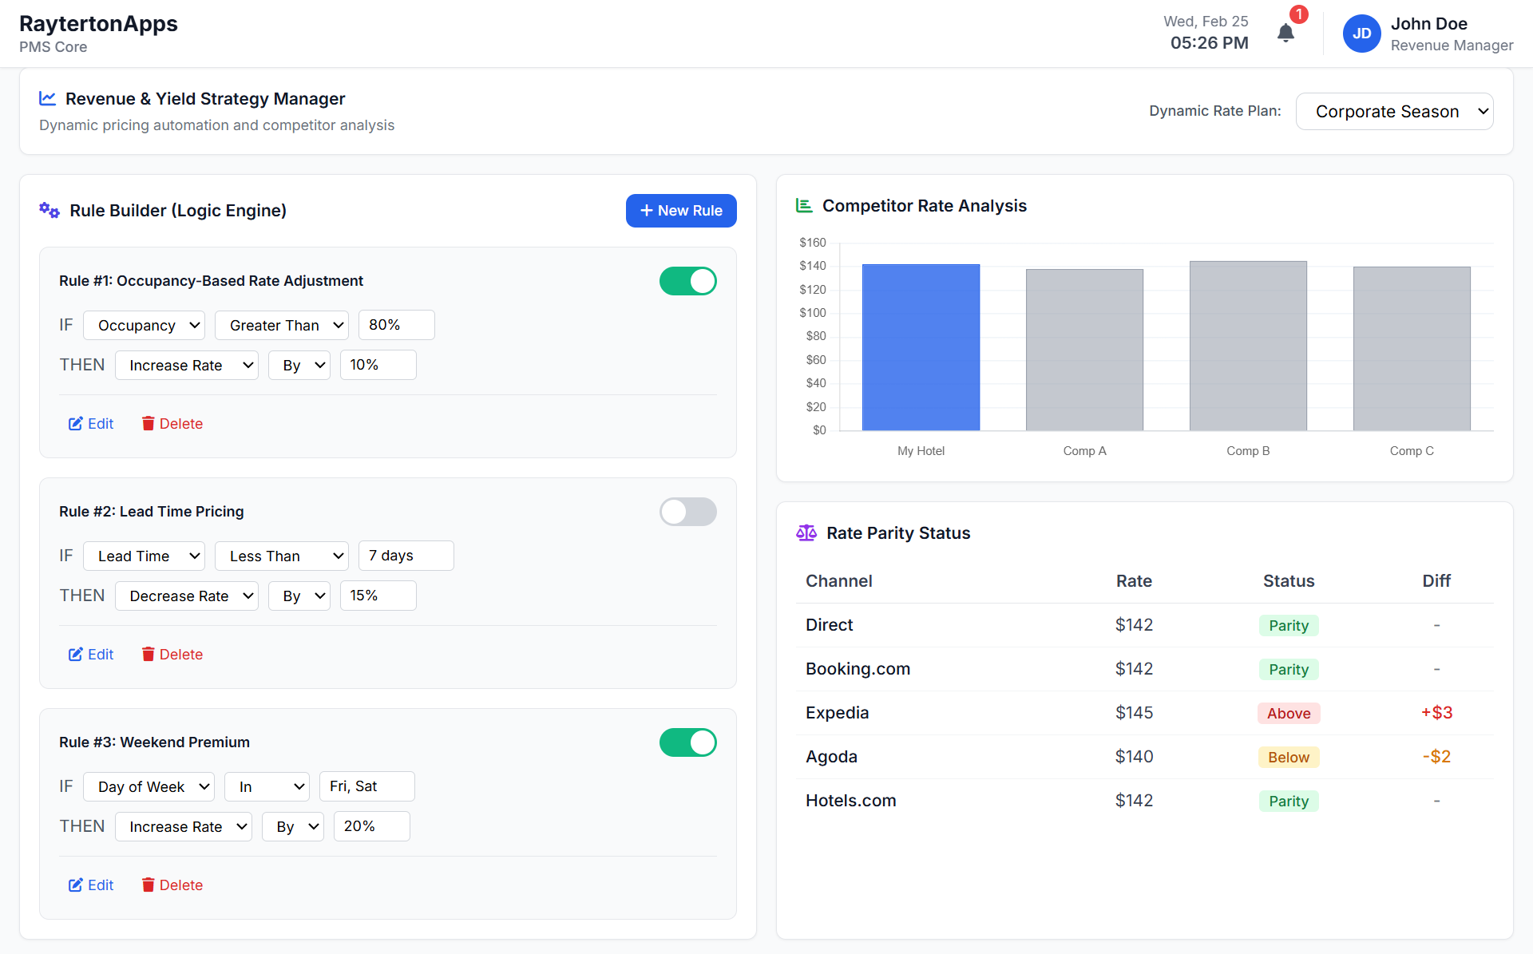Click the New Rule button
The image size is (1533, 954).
tap(680, 211)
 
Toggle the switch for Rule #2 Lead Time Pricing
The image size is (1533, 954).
tap(687, 512)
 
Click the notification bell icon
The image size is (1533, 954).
tap(1285, 34)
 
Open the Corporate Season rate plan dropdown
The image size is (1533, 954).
tap(1394, 112)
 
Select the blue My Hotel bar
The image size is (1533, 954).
tap(921, 347)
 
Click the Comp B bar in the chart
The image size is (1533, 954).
tap(1247, 346)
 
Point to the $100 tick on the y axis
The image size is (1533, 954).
tap(813, 313)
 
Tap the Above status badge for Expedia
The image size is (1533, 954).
tap(1288, 713)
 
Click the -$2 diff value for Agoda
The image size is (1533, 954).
tap(1436, 757)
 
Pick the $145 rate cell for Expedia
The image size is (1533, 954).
tap(1134, 713)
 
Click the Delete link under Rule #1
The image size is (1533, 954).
tap(172, 424)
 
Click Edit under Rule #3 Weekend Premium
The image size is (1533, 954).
tap(91, 885)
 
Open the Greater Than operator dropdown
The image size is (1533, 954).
tap(282, 326)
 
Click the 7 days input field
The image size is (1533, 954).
tap(406, 556)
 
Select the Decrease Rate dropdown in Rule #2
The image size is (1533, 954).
tap(186, 596)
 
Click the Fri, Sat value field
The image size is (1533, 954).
tap(366, 786)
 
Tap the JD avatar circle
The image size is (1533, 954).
tap(1361, 34)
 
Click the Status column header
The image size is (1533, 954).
tap(1288, 581)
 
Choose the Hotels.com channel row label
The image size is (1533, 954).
tap(850, 801)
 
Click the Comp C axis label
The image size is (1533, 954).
tap(1411, 451)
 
